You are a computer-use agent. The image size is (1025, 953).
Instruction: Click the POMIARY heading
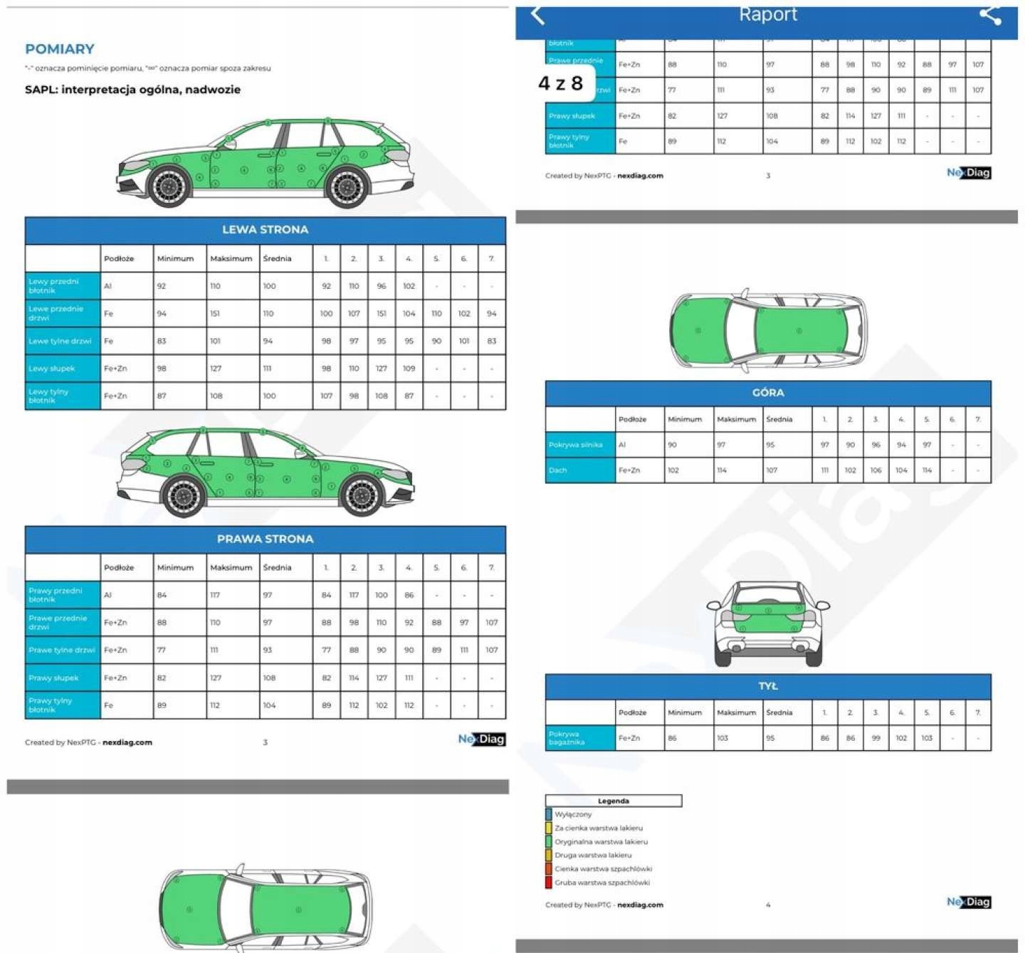[x=60, y=49]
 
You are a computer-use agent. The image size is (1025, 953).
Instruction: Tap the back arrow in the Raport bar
[x=538, y=15]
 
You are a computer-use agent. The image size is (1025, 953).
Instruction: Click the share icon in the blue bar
[x=990, y=15]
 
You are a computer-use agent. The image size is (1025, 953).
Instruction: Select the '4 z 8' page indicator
[x=561, y=83]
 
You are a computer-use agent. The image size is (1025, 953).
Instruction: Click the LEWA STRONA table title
[x=265, y=230]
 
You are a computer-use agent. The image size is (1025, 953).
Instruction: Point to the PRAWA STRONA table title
[x=265, y=539]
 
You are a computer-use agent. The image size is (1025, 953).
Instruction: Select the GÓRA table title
[x=768, y=393]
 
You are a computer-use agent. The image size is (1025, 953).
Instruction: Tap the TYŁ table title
[x=768, y=686]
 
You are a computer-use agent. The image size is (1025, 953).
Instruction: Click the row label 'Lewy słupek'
[x=52, y=369]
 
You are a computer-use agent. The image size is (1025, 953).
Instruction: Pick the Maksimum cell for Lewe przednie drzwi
[x=216, y=313]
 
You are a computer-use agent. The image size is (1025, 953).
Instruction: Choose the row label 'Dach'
[x=558, y=470]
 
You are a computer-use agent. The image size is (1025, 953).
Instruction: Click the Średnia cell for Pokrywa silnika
[x=771, y=445]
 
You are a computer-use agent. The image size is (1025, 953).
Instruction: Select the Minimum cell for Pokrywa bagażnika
[x=673, y=738]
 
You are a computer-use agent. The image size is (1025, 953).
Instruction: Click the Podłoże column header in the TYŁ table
[x=632, y=712]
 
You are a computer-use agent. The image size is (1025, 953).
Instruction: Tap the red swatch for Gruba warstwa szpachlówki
[x=549, y=883]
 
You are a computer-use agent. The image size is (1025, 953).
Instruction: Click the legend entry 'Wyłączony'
[x=573, y=814]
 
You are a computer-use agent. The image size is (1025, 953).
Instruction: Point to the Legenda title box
[x=614, y=801]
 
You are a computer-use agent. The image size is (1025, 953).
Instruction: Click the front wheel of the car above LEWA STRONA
[x=169, y=186]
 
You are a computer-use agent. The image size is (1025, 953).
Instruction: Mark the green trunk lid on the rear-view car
[x=767, y=619]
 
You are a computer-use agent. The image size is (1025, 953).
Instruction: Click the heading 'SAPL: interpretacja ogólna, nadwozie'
[x=132, y=90]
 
